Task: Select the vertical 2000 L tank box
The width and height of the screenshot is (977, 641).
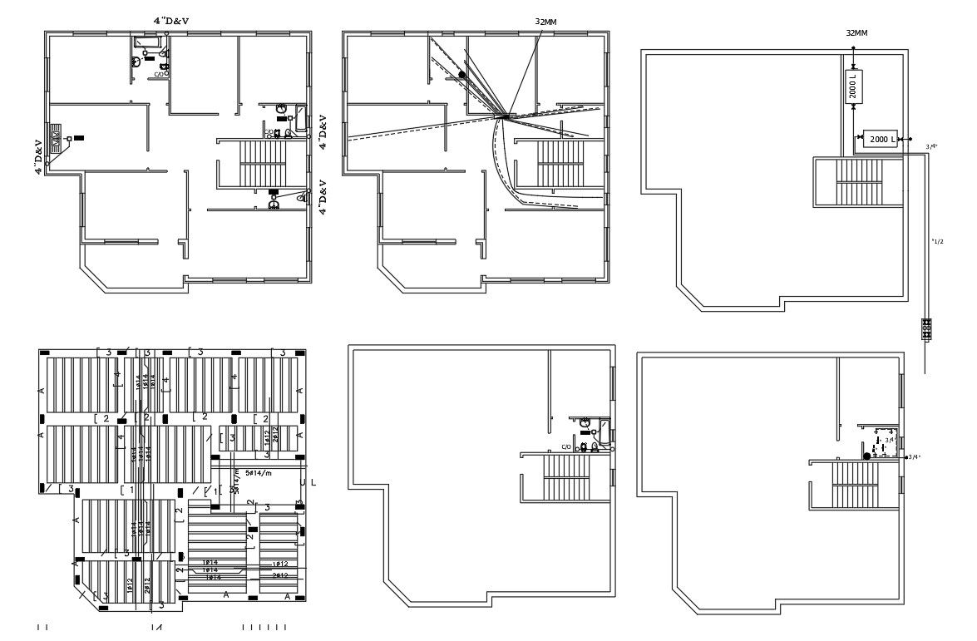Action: point(854,86)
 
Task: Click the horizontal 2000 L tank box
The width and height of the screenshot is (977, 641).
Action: point(882,139)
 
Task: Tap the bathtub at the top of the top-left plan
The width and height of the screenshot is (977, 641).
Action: point(147,42)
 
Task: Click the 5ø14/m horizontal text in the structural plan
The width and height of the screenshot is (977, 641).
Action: point(257,472)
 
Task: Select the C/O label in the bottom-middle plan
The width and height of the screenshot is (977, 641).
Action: point(566,447)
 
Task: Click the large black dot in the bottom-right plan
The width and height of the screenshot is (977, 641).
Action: point(866,456)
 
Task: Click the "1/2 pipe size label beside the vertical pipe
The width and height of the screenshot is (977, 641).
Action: point(938,242)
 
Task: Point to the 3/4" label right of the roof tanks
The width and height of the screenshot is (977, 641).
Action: point(932,146)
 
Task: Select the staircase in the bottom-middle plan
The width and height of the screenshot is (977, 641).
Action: point(565,477)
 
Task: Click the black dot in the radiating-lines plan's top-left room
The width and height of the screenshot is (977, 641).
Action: point(461,74)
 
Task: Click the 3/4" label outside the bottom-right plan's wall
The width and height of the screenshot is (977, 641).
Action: point(915,456)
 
